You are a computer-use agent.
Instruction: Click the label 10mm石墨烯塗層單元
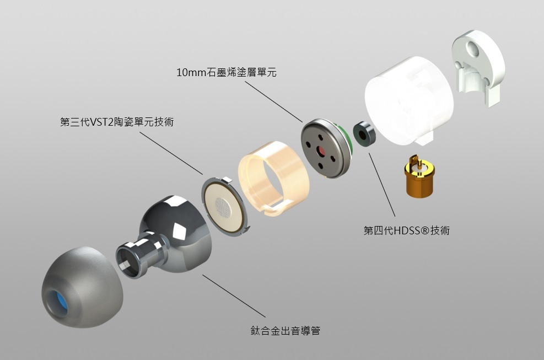[x=226, y=72]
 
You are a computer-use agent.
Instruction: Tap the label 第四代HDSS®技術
[x=407, y=230]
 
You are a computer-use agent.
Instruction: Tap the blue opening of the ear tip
[x=57, y=304]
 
